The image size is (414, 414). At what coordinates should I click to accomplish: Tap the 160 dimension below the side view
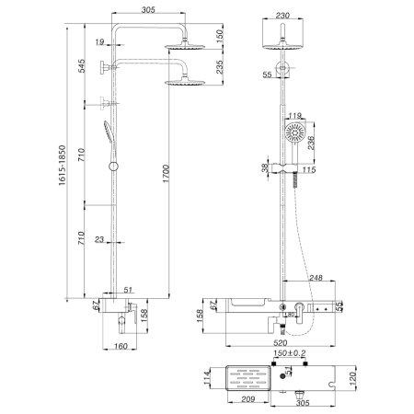point(121,346)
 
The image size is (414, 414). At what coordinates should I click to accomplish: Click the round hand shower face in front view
point(295,133)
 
